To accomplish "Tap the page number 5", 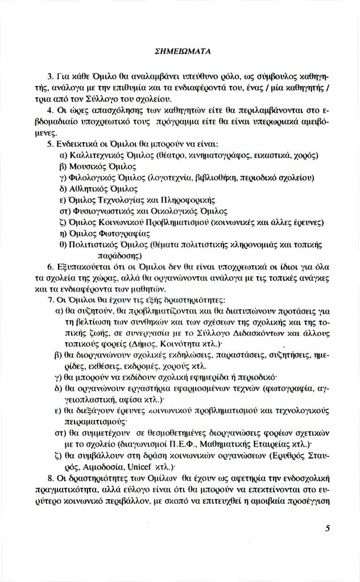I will [x=328, y=527].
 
